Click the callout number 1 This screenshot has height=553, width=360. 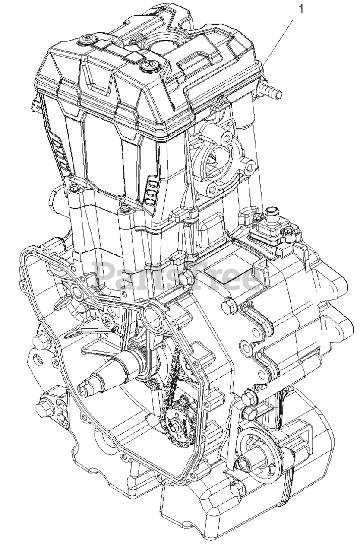click(x=300, y=10)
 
